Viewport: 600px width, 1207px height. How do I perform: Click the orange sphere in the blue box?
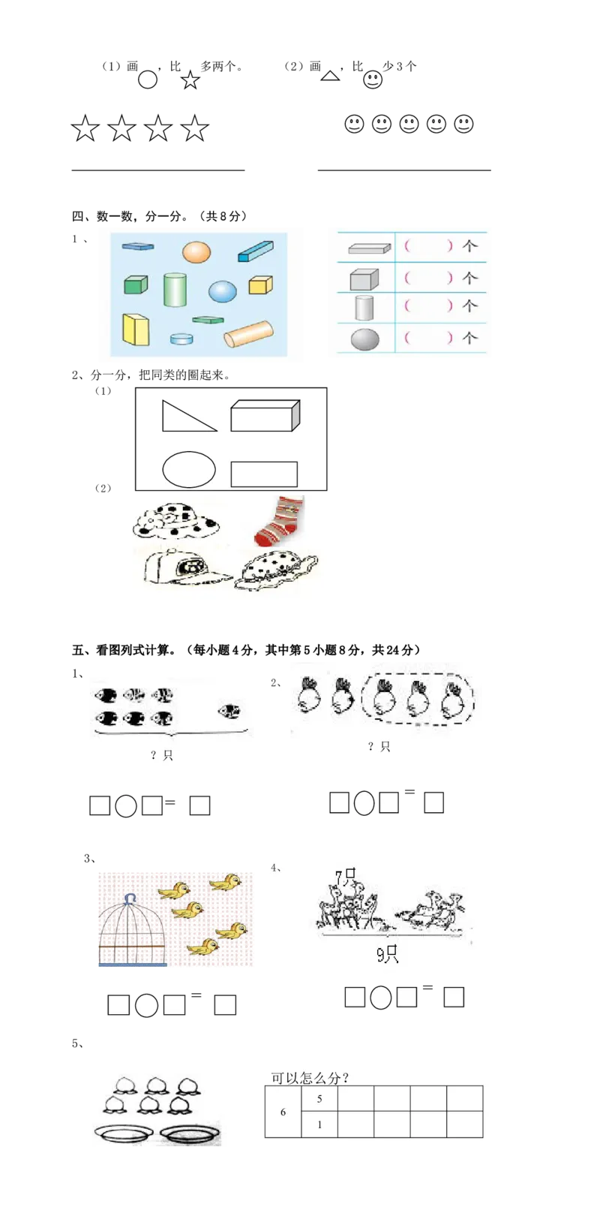pos(196,252)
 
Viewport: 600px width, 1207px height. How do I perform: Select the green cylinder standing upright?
pos(175,290)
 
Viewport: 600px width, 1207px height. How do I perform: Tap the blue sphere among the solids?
pos(222,290)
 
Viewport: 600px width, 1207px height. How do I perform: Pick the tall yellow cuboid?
pos(136,330)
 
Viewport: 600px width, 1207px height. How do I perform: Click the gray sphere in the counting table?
pos(365,339)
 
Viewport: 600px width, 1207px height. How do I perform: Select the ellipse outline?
pos(189,470)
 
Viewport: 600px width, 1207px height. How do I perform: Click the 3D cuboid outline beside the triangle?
pos(265,415)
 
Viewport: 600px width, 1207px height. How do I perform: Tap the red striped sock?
pos(278,519)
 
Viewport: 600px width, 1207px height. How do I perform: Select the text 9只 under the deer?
pos(387,955)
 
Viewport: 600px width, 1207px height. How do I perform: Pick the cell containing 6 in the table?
pos(283,1112)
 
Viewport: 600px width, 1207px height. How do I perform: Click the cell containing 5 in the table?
pos(319,1099)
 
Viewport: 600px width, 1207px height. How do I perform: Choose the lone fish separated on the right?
pos(229,711)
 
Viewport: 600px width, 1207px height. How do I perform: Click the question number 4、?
pos(277,868)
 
